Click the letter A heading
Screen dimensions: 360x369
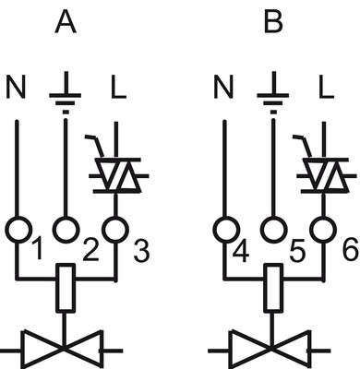[66, 23]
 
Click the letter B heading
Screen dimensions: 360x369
[273, 23]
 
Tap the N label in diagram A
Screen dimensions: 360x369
[16, 87]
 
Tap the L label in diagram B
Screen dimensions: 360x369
[326, 87]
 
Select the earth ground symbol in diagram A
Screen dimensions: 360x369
[66, 92]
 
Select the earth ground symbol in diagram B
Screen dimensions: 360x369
[273, 92]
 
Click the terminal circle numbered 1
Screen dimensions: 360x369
[18, 231]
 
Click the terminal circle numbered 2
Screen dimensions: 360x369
[66, 230]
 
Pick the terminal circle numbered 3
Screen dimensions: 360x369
[115, 231]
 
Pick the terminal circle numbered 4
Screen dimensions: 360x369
[226, 231]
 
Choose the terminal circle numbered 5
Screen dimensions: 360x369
[273, 230]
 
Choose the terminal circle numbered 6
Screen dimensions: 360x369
[323, 231]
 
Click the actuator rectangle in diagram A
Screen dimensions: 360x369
[66, 288]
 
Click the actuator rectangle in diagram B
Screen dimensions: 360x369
[273, 288]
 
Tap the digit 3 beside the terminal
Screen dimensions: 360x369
[141, 251]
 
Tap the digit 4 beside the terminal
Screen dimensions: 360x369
[241, 251]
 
